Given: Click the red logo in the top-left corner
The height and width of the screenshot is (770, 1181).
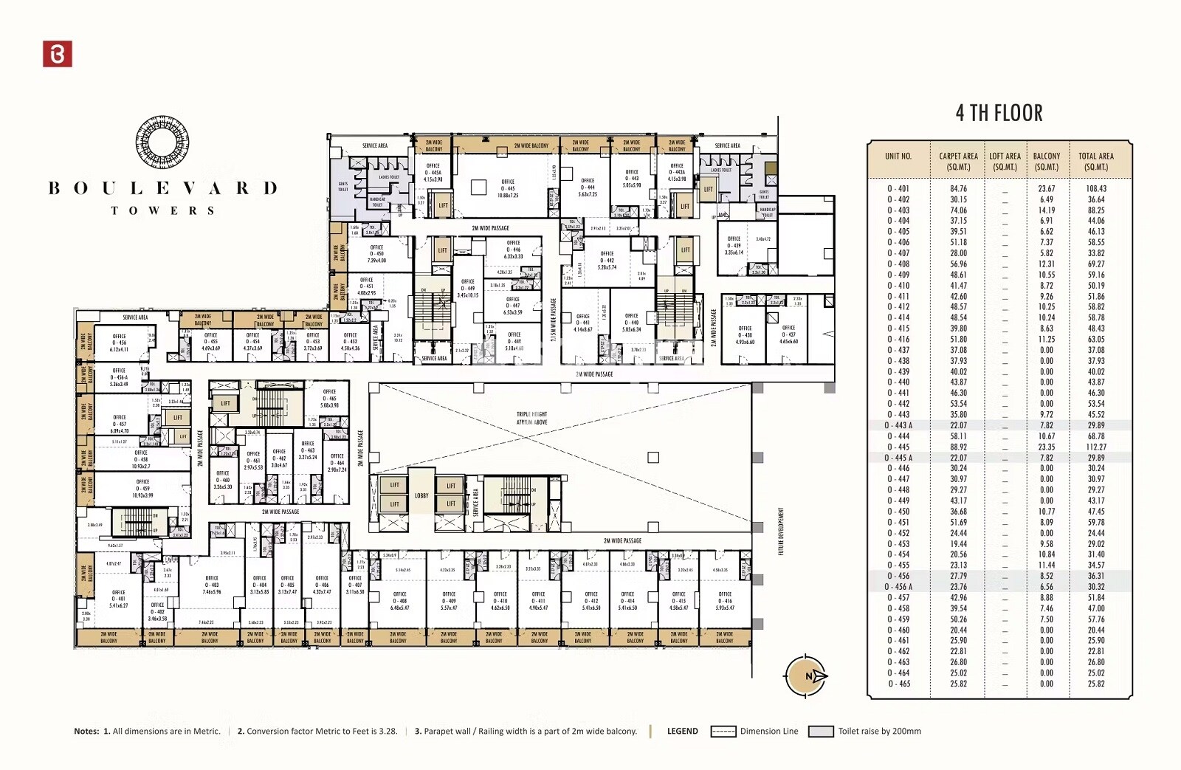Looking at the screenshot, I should tap(58, 54).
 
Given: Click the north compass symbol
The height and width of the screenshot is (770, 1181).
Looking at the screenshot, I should tap(805, 676).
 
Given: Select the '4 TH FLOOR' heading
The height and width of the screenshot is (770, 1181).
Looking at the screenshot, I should tap(999, 113).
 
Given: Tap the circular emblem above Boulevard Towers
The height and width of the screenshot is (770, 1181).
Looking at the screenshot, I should tap(162, 142).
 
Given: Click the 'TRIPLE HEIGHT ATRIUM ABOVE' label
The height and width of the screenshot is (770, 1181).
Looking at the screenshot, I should tap(531, 418).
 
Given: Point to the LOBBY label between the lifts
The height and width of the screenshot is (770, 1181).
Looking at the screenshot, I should tap(421, 495).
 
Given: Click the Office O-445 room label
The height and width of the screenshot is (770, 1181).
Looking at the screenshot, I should tap(508, 188).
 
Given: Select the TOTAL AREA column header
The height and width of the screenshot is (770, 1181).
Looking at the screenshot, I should tap(1095, 161).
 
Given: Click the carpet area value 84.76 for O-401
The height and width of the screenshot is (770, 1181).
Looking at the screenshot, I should tap(958, 188).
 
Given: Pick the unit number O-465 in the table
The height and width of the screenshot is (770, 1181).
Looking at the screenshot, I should tap(898, 684).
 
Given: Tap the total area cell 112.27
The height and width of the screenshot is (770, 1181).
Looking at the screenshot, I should tap(1096, 447).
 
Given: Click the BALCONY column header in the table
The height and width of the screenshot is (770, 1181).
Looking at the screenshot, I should tap(1046, 161).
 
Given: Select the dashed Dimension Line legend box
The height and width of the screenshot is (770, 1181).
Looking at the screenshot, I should tap(723, 732).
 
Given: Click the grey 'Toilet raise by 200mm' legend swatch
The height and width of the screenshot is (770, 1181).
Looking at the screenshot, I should tap(820, 732).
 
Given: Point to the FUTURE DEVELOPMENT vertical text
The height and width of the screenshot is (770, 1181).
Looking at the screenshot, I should tap(781, 531).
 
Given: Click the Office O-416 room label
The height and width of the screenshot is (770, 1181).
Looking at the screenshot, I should tap(725, 600).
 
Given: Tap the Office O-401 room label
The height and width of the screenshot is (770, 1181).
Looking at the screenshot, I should tap(118, 599).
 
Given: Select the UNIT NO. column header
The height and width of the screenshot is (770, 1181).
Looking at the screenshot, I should tap(898, 157).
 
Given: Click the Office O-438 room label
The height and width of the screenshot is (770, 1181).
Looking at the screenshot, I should tap(745, 334).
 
